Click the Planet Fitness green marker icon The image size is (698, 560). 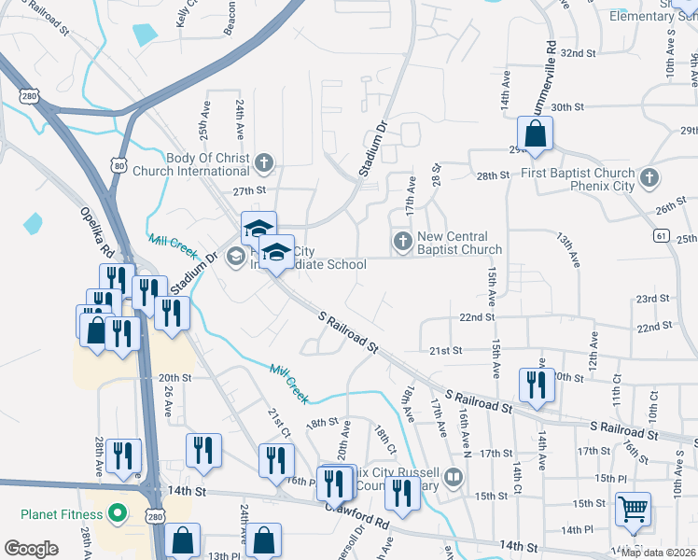(118, 512)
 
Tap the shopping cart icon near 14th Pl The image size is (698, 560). (633, 509)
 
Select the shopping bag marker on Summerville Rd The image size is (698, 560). (537, 135)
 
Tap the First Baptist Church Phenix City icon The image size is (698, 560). (649, 175)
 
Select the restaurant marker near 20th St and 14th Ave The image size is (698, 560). (535, 385)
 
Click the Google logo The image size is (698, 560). (31, 549)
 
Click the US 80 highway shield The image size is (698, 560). (119, 165)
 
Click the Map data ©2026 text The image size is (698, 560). (657, 553)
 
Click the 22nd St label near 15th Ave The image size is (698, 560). (476, 317)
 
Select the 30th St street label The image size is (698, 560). (566, 107)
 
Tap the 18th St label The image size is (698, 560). (322, 423)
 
